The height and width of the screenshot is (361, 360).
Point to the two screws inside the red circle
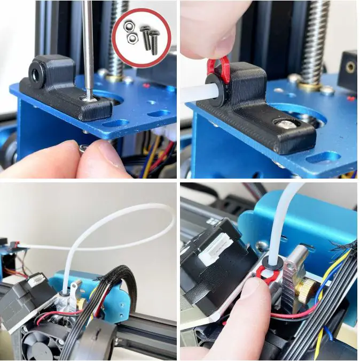click(150, 39)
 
